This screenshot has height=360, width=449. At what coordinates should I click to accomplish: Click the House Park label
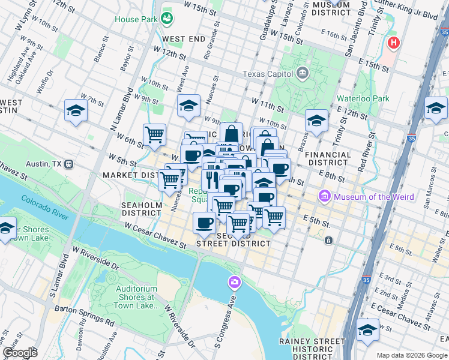(137, 19)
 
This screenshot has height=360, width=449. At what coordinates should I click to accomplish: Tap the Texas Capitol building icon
(303, 74)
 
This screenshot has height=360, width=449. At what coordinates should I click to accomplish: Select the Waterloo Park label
(363, 98)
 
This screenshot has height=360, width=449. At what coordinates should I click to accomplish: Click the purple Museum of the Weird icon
(325, 196)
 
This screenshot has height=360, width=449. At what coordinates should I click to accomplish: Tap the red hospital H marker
(394, 43)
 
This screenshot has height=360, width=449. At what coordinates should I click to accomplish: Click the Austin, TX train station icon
(70, 163)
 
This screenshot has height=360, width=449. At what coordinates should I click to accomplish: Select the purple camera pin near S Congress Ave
(235, 281)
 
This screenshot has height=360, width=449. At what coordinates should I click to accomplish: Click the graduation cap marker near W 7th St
(76, 110)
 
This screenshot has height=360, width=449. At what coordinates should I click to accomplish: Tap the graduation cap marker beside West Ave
(188, 106)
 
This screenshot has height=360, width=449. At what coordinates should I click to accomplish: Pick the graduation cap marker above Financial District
(316, 121)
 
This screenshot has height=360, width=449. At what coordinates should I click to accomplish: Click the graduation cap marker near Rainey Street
(367, 329)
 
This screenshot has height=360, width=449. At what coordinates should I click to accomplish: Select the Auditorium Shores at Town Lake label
(131, 297)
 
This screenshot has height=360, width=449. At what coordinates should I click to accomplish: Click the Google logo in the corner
(20, 353)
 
